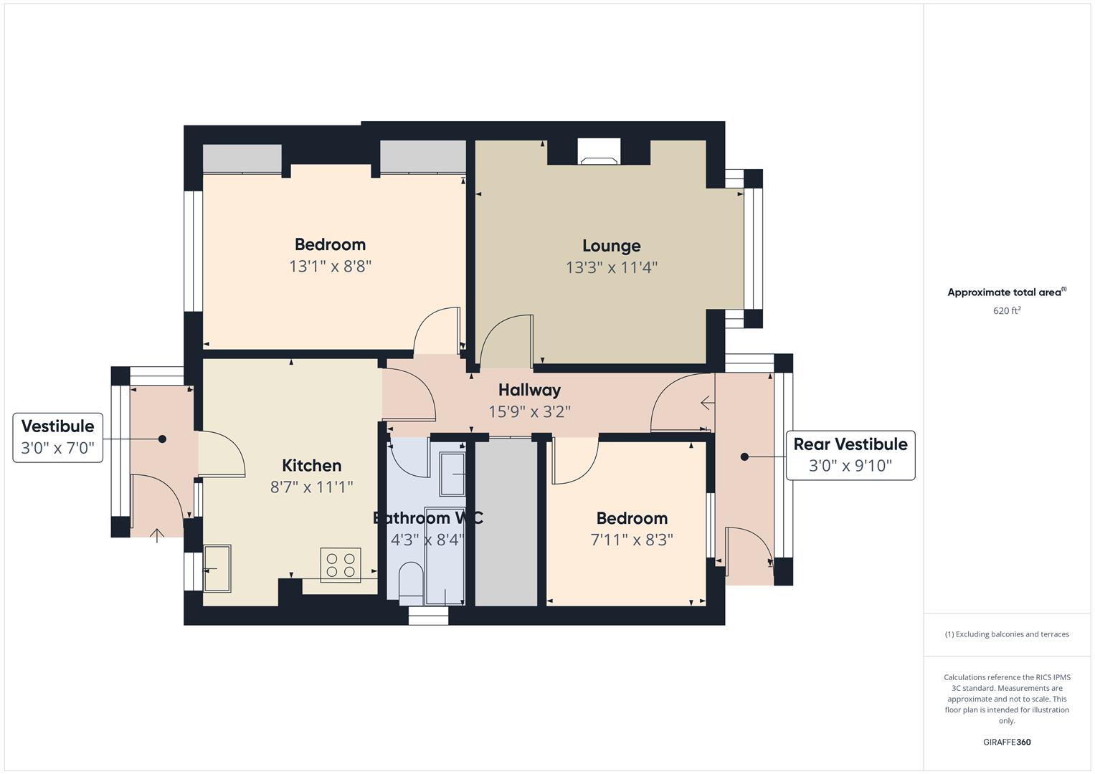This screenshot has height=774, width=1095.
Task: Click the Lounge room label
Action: point(611,246)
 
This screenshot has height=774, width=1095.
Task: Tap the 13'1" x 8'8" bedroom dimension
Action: point(330,267)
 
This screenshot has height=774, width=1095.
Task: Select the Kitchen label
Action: point(311,465)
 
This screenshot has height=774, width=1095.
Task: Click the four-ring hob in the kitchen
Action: point(341,565)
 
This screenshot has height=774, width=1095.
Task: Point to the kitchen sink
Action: point(217,568)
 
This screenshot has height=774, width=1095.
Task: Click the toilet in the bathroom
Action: point(411,583)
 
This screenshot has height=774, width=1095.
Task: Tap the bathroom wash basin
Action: point(452,474)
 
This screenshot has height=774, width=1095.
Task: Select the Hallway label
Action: point(529,390)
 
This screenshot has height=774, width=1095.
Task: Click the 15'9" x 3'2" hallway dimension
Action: point(529,412)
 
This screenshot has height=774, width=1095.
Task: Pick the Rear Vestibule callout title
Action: point(850,444)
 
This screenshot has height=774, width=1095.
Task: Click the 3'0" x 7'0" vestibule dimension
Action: point(57,448)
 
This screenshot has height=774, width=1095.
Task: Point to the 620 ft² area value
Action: point(1007,311)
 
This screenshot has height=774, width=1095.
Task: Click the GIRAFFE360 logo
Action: point(1007,742)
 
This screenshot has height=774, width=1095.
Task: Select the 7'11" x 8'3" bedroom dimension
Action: point(632,540)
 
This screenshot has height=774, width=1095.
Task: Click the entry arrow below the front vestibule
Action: point(156,536)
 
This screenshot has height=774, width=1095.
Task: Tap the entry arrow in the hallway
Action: point(707,403)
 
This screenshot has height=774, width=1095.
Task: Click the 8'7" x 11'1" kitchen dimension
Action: point(311,487)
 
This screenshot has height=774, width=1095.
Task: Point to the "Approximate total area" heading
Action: point(1007,292)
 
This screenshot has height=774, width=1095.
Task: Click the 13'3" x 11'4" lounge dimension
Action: point(611,268)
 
